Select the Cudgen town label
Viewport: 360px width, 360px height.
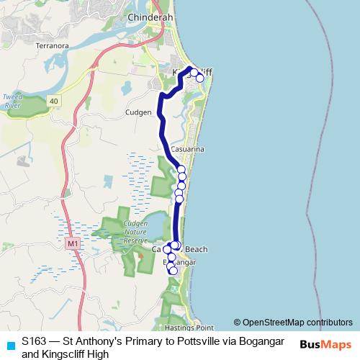click(x=138, y=112)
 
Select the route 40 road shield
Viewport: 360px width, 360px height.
click(x=54, y=101)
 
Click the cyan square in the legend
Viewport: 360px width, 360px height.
click(x=9, y=345)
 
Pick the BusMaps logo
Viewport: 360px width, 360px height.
click(x=325, y=344)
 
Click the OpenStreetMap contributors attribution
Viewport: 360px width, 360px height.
click(x=293, y=323)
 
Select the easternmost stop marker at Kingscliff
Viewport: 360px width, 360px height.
click(x=200, y=78)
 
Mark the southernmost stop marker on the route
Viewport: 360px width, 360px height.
click(x=173, y=271)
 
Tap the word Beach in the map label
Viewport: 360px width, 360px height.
click(x=197, y=249)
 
